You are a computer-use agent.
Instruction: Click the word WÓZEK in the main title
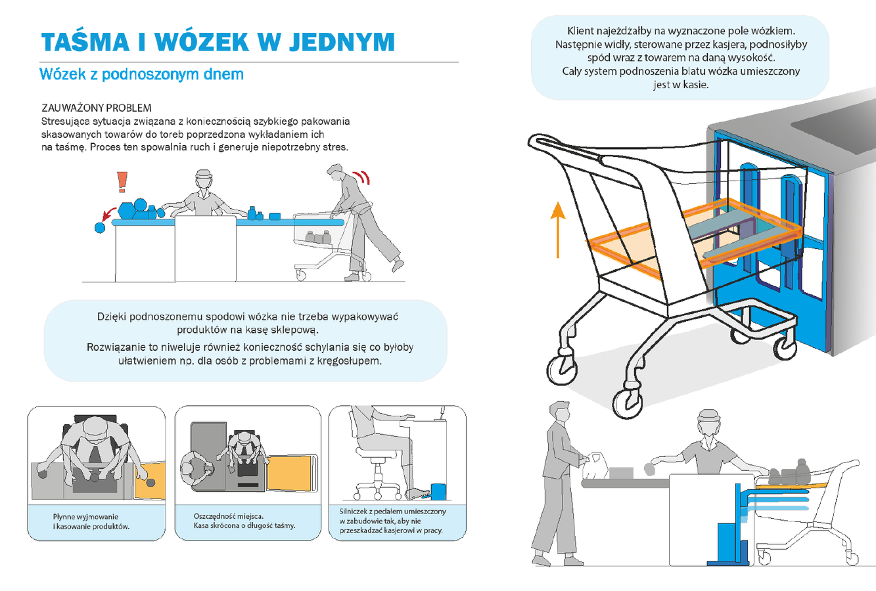(202, 41)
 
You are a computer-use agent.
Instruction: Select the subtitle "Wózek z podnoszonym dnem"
(141, 74)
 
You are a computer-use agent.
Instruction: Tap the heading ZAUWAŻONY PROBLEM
(97, 108)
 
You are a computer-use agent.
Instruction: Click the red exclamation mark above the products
(122, 182)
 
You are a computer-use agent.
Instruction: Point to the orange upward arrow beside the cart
(558, 230)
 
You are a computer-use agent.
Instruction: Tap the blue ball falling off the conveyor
(100, 227)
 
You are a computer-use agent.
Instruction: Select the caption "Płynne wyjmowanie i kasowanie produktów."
(91, 521)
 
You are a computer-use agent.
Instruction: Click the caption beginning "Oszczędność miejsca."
(244, 521)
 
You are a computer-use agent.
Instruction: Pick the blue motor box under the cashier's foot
(438, 491)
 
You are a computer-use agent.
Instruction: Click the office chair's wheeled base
(377, 489)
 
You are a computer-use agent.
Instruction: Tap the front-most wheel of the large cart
(628, 404)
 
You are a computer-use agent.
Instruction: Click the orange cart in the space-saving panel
(292, 473)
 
